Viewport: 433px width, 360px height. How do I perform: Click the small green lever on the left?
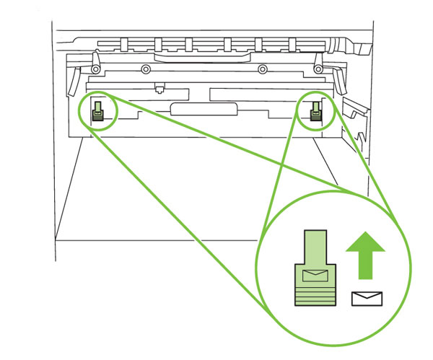point(97,110)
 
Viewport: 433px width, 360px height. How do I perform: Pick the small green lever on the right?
point(315,110)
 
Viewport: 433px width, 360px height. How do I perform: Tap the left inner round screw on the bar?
point(146,69)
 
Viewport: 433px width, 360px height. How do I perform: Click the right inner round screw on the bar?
point(263,69)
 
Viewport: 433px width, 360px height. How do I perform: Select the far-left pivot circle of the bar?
point(94,69)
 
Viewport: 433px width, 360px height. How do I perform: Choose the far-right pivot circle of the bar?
point(318,69)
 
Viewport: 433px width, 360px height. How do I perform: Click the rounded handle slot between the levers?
point(204,108)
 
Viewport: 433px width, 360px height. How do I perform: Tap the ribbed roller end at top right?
point(359,48)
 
